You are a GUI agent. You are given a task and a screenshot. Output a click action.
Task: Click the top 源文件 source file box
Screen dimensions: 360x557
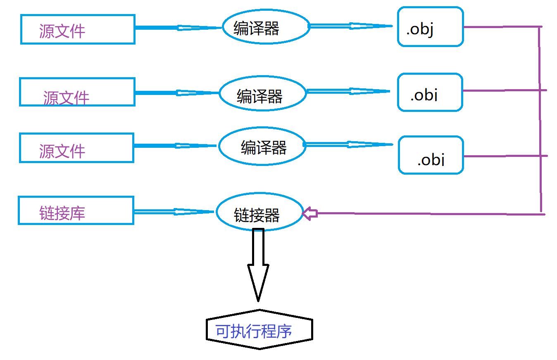[x=78, y=29]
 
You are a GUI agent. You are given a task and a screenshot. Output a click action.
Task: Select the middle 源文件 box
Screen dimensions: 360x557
[x=77, y=92]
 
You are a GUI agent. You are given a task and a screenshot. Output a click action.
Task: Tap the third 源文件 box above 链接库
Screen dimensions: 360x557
[x=77, y=148]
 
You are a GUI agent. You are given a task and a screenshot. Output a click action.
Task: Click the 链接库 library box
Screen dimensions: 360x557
[x=76, y=211]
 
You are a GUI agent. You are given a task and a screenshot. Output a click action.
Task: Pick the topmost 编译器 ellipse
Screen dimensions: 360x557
[x=266, y=27]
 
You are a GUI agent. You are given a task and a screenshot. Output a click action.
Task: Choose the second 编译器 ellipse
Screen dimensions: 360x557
[x=262, y=93]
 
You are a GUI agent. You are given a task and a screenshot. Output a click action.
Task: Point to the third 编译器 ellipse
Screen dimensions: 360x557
[x=262, y=146]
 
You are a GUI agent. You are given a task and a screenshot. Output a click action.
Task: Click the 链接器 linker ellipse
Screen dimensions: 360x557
[x=259, y=212]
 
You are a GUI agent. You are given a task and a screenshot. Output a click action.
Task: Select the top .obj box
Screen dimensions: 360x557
[x=430, y=27]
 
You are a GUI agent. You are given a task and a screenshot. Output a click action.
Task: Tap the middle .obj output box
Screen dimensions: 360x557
[x=430, y=92]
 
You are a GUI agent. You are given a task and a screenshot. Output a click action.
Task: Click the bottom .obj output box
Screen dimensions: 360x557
[x=431, y=155]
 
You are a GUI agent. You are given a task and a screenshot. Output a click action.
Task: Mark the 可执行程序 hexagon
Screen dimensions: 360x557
[x=259, y=329]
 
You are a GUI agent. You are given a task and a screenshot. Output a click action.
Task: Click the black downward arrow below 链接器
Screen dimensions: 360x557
[x=258, y=264]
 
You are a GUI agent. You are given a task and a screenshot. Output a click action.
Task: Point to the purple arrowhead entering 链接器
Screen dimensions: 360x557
[x=309, y=213]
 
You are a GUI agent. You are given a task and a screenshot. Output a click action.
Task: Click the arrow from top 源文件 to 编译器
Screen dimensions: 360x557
[x=178, y=28]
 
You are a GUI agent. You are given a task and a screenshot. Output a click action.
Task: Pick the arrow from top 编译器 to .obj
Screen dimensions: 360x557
[x=350, y=26]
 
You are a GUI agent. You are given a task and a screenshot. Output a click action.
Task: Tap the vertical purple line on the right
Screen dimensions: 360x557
[x=540, y=120]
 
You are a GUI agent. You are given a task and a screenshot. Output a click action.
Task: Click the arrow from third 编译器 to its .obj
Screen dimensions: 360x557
[x=348, y=144]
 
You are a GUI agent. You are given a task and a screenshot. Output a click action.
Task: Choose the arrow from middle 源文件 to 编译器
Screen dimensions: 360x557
[x=177, y=92]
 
